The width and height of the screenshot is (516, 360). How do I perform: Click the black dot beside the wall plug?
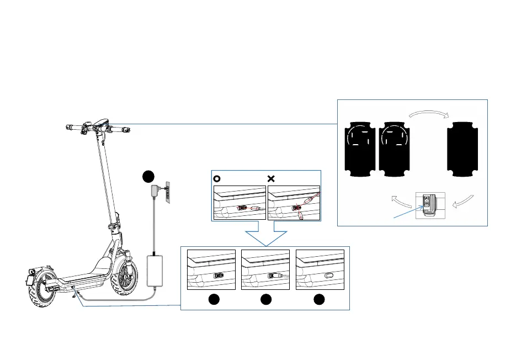point(148,177)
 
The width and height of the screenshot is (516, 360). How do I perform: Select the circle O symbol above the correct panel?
point(217,179)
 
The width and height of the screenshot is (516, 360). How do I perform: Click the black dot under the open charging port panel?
point(213,300)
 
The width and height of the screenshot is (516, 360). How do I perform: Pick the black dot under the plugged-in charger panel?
point(266,300)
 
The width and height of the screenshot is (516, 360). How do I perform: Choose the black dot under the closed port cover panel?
point(320,300)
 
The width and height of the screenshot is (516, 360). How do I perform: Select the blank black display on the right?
point(464,147)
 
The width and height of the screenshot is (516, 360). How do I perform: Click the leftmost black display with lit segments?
point(359,147)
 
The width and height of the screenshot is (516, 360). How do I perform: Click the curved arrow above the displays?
point(428,113)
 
